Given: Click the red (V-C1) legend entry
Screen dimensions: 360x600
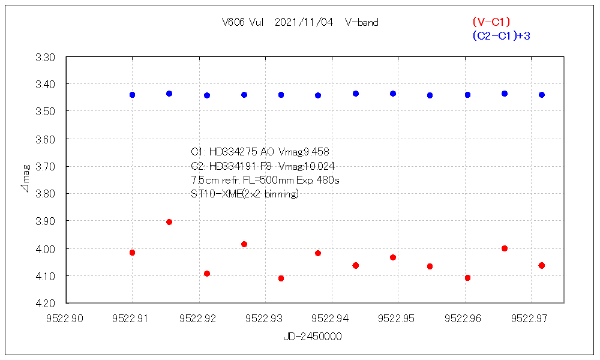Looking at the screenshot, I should (x=491, y=22).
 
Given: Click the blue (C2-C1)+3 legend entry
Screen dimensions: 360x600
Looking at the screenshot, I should (x=501, y=36).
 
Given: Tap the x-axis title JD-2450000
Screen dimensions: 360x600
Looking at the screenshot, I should (x=313, y=337).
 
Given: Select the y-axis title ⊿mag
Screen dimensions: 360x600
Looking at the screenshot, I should (x=25, y=180).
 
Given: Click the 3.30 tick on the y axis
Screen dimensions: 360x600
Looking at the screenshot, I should (x=46, y=58).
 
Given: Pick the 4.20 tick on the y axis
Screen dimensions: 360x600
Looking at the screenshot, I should (x=46, y=303).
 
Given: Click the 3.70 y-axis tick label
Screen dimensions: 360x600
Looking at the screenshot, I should (x=46, y=167).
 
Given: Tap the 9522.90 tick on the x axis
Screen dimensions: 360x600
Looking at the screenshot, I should (x=66, y=319).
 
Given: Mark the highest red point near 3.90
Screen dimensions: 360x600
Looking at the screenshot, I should (x=169, y=222).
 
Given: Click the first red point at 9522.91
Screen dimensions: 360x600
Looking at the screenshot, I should (x=132, y=253).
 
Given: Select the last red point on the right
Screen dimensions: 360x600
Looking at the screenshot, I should (x=542, y=265).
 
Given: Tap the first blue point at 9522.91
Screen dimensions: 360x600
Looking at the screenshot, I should (x=132, y=95).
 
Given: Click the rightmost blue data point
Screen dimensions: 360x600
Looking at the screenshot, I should (x=542, y=95).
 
